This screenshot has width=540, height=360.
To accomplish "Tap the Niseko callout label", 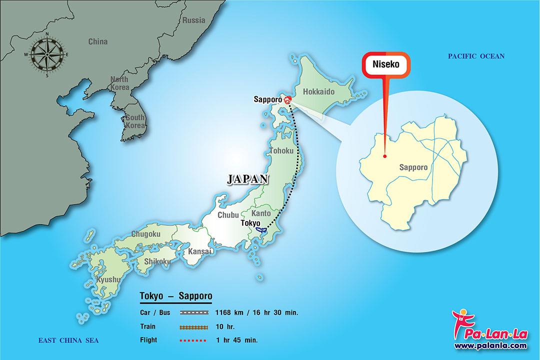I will [x=385, y=64].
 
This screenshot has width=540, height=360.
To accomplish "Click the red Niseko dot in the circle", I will [x=384, y=156].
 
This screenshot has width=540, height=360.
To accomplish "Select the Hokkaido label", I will [x=318, y=92].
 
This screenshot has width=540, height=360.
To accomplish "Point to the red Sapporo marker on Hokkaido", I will [x=287, y=100].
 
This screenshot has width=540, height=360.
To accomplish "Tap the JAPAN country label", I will [x=248, y=179].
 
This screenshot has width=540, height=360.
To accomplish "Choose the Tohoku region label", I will [x=282, y=150].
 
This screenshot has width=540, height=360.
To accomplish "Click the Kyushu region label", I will [x=108, y=279].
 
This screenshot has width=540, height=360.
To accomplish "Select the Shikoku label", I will [x=157, y=261].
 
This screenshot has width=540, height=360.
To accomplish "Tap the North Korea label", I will [x=119, y=83].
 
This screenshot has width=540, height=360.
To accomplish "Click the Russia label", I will [x=194, y=20].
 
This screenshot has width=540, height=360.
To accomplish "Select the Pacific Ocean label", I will [x=476, y=56].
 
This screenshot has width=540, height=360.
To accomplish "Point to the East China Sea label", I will [x=68, y=340].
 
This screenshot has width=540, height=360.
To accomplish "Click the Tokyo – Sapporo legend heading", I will [x=175, y=295].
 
